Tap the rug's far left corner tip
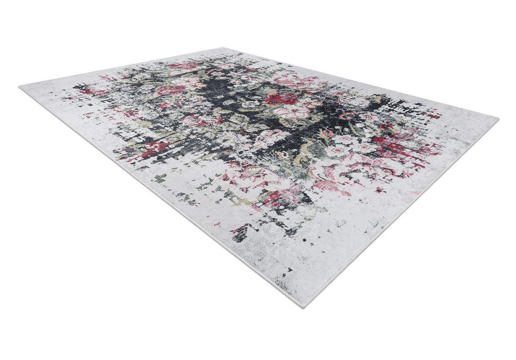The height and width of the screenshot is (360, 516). tap(20, 87)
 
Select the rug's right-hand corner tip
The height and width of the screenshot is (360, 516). tap(498, 118)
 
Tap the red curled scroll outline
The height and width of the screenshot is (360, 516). tap(346, 115)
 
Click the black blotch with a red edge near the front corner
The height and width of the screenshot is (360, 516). tap(241, 233)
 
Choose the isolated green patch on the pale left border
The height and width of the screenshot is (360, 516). tap(160, 178)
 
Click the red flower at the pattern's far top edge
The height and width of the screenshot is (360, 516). tap(183, 66)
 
